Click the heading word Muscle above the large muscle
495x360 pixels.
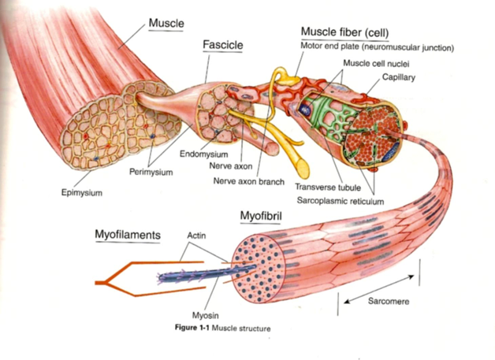coord(166,23)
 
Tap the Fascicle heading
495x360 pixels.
coord(222,45)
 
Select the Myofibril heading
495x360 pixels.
coord(261,216)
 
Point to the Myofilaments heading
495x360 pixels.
coord(128,235)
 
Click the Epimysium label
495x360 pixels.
coord(82,193)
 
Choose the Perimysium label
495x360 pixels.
coord(151,173)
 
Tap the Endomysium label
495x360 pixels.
coord(203,154)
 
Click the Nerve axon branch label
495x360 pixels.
coord(249,181)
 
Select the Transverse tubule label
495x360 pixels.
coord(328,187)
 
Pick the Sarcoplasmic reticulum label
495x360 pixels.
coord(341,201)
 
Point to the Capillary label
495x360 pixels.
coord(398,77)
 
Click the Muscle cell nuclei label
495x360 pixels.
coord(376,64)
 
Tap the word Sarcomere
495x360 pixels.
coord(389,302)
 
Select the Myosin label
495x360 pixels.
coord(205,315)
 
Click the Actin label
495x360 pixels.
coord(196,236)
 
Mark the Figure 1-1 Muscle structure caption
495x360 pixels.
coord(222,328)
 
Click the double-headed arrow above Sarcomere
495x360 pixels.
coord(379,289)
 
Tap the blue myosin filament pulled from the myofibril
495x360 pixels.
coord(207,274)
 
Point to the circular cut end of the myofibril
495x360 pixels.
coord(259,269)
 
